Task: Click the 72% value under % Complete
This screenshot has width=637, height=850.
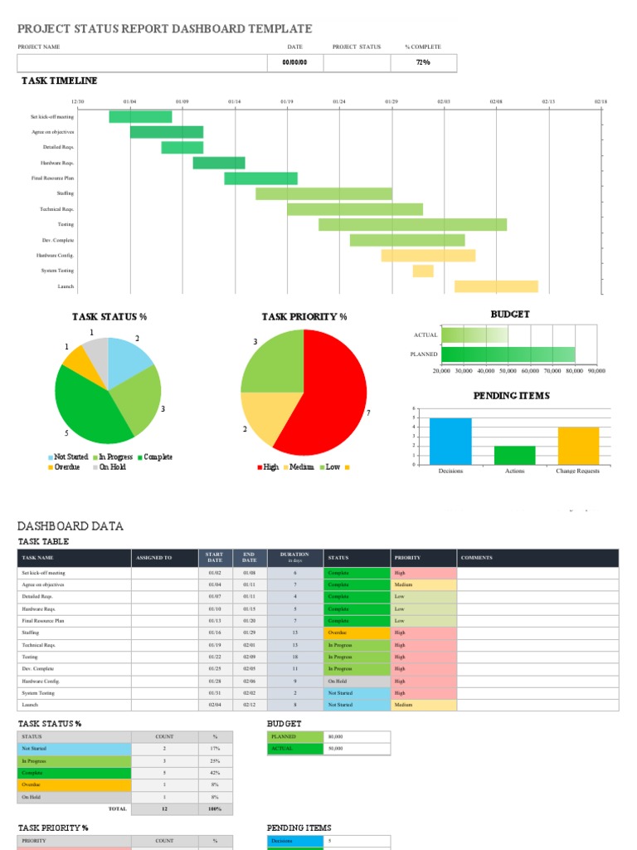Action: coord(422,62)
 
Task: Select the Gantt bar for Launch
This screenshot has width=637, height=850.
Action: coord(496,286)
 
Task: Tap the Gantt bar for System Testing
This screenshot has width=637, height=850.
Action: coord(423,271)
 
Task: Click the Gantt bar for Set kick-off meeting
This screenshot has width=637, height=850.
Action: coord(140,117)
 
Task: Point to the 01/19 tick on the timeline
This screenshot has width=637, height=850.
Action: coord(287,101)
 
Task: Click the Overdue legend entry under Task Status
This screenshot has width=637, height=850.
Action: coord(66,467)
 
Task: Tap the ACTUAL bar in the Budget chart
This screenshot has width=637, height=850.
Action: coord(474,335)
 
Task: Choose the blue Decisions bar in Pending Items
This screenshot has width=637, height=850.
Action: coord(450,441)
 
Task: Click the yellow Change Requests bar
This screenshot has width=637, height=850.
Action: coord(578,446)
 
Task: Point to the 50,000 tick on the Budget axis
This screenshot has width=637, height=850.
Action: coord(508,371)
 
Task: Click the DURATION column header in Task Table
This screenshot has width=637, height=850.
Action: coord(294,557)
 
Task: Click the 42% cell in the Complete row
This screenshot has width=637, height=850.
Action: coord(215,772)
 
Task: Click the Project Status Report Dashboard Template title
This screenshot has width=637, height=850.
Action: coord(165,29)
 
